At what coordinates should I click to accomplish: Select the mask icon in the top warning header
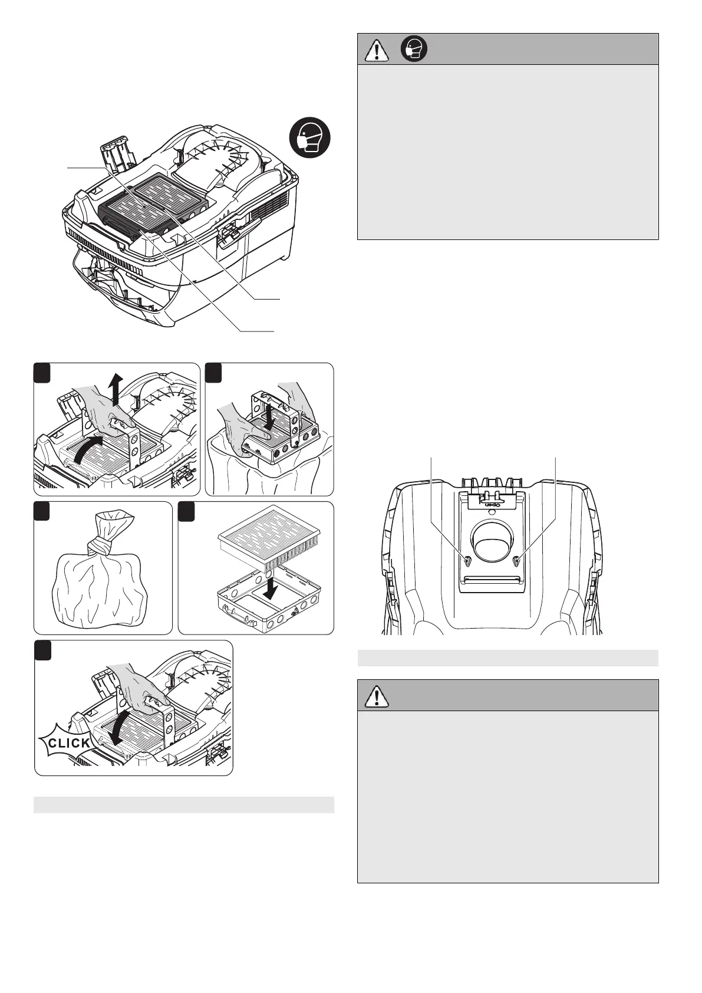[x=414, y=50]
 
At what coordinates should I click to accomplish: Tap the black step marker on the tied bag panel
[x=41, y=509]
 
